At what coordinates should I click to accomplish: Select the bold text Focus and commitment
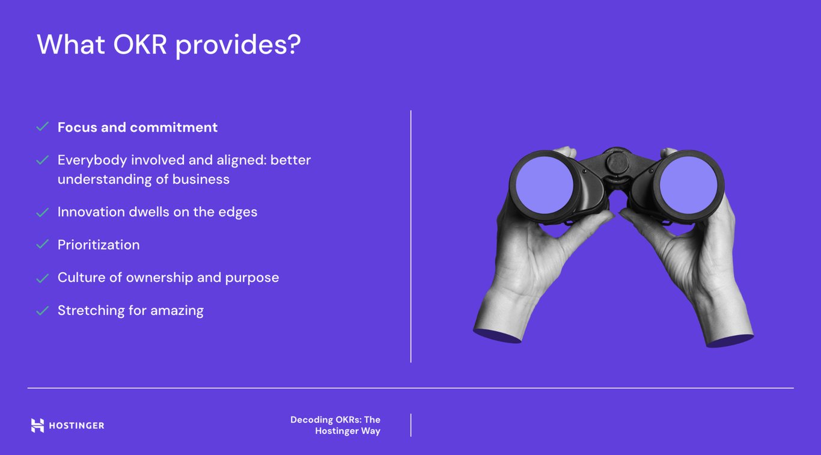pyautogui.click(x=138, y=127)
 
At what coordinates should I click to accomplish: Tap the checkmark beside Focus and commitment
pyautogui.click(x=42, y=127)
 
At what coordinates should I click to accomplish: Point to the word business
pyautogui.click(x=201, y=179)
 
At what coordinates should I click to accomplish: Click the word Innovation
pyautogui.click(x=91, y=212)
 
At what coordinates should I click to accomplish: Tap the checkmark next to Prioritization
pyautogui.click(x=42, y=244)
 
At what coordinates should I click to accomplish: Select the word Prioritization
pyautogui.click(x=99, y=245)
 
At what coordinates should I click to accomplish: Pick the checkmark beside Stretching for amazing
pyautogui.click(x=42, y=311)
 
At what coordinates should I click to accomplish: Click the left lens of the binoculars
pyautogui.click(x=545, y=185)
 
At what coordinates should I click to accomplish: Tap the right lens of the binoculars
pyautogui.click(x=688, y=185)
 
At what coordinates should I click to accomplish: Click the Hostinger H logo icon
pyautogui.click(x=37, y=426)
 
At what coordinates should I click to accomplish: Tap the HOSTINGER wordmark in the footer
pyautogui.click(x=76, y=426)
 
